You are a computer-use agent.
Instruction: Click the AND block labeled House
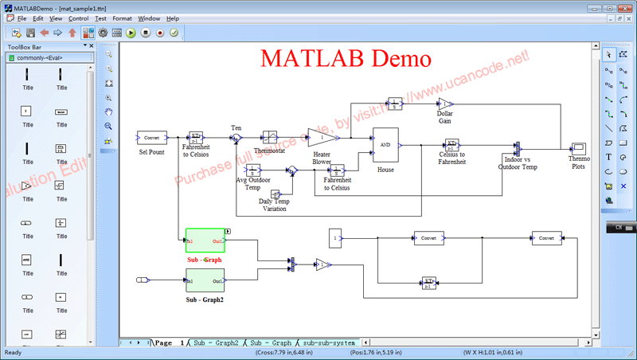click(385, 145)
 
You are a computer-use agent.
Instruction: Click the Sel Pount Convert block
click(151, 138)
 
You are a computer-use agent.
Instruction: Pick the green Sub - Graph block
click(205, 241)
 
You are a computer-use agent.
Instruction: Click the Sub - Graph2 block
click(205, 280)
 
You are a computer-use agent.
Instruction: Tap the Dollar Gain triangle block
click(445, 104)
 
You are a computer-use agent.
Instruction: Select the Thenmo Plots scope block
click(579, 148)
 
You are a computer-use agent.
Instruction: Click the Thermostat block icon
click(270, 137)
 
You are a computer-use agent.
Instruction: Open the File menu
click(21, 18)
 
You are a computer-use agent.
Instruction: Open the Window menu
click(148, 18)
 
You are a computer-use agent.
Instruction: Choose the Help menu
click(173, 18)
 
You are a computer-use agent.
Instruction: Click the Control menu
click(79, 18)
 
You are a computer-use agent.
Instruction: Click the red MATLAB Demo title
click(346, 58)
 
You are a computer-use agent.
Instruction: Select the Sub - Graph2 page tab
click(216, 342)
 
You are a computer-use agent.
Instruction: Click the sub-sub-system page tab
click(328, 342)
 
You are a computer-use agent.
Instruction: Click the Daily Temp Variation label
click(275, 205)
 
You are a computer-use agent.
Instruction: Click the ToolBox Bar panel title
click(25, 47)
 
